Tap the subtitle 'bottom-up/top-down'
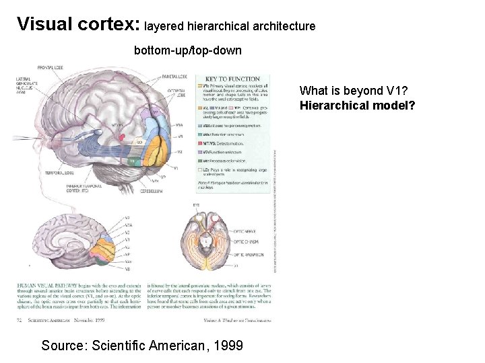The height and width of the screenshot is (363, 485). (x=188, y=50)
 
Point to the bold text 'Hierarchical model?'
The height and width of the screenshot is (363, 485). (x=358, y=106)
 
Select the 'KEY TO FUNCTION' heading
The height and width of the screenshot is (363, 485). (x=232, y=79)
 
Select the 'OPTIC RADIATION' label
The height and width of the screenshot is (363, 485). (x=248, y=255)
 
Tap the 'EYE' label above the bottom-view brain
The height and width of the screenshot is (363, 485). (x=196, y=204)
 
